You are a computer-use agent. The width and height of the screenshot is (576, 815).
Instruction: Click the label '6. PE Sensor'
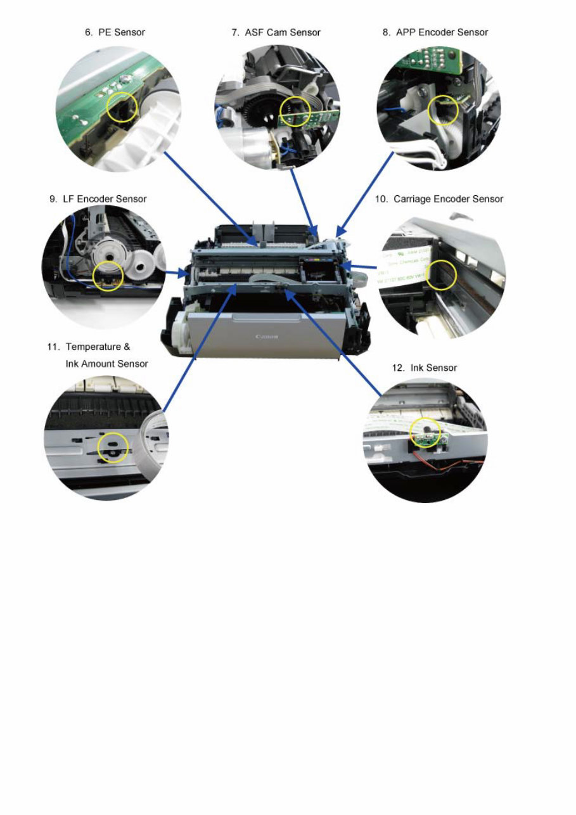(x=115, y=32)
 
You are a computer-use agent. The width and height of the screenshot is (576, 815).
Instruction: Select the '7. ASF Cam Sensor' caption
(x=276, y=32)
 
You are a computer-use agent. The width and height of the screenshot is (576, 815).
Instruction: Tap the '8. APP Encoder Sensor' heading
(x=435, y=32)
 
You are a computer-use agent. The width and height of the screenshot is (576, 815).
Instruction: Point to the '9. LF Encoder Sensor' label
(x=98, y=199)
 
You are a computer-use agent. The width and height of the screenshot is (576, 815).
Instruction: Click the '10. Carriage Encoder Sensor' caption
(x=438, y=199)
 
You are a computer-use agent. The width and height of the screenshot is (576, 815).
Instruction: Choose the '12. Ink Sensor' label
(x=425, y=368)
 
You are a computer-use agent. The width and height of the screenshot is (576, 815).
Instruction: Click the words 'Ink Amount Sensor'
(x=106, y=364)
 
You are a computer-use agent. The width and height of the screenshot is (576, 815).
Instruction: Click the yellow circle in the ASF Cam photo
(x=295, y=112)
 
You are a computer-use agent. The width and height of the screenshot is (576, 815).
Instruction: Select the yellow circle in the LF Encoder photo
(x=108, y=276)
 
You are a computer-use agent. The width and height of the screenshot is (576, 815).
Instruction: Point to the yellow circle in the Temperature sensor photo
(x=113, y=447)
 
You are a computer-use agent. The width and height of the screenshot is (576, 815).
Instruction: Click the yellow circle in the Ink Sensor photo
(x=425, y=434)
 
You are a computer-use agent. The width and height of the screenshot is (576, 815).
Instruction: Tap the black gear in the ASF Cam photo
(x=260, y=118)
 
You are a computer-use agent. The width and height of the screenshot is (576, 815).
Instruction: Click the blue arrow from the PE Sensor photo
(x=209, y=196)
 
